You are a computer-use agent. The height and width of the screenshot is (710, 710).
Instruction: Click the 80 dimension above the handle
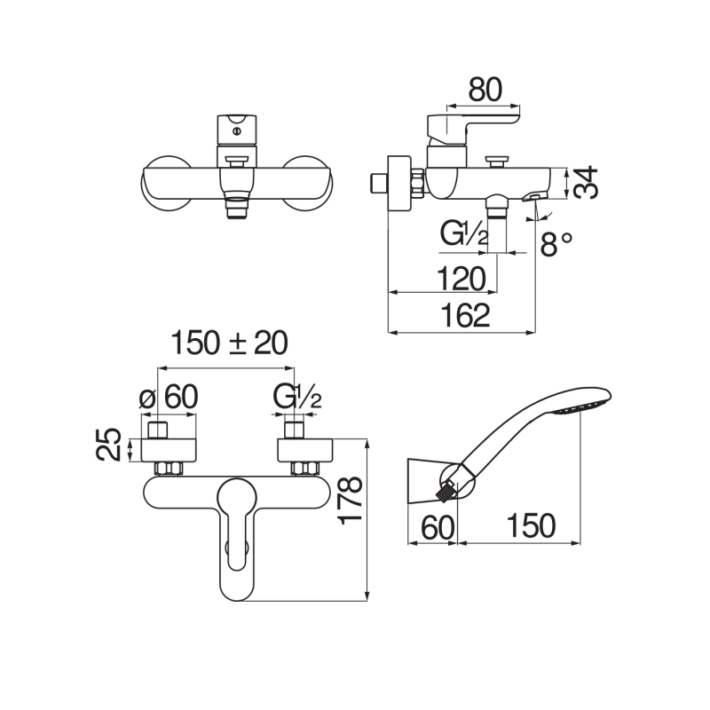[x=485, y=90]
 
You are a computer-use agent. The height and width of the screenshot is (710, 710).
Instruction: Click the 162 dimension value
[x=463, y=316]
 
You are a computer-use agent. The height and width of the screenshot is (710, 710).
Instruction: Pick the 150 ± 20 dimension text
[x=229, y=343]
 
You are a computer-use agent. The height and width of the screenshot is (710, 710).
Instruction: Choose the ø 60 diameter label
[x=168, y=397]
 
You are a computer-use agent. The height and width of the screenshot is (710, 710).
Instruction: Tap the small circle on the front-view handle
[x=236, y=131]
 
